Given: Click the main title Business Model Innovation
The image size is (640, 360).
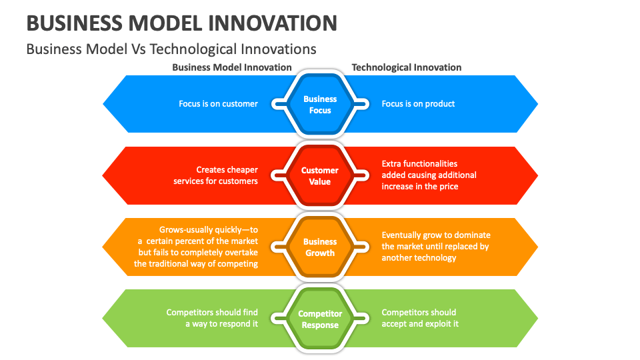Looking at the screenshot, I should coord(181,23).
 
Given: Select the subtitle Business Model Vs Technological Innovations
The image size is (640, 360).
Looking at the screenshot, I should coord(171,49).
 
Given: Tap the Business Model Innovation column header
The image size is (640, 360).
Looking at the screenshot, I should coord(231,67).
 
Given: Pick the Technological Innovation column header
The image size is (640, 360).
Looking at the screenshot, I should coord(406,67).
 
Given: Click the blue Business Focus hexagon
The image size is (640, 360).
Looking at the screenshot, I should coord(320,104).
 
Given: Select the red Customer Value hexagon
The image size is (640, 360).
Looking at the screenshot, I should coord(320,176).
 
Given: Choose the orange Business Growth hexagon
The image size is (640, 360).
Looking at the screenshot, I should coord(320,247).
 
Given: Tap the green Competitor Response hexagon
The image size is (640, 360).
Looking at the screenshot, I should coord(320,319).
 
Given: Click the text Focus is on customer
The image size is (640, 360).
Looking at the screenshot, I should coord(218,104).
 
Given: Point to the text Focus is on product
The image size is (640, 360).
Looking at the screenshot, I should coord(418,104).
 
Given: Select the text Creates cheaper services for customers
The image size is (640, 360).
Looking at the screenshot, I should coord(216,176).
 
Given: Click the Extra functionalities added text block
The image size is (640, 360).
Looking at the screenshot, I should coord(429,175).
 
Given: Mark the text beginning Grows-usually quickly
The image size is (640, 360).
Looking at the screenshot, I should coord(196,247).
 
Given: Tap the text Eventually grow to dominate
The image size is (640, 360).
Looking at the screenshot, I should coord(435,246).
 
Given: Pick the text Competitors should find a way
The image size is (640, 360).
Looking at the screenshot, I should coord(212,318).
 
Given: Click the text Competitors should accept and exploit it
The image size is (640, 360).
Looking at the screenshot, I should coord(419,318).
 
